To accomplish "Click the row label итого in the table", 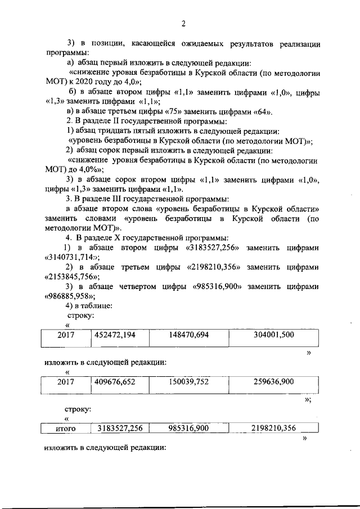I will [66, 429].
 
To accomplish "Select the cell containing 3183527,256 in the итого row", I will [120, 429].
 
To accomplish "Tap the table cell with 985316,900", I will [189, 429].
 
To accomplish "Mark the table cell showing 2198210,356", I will [274, 429].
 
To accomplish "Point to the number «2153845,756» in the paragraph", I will [71, 277].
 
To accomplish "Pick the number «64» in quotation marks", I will [263, 111].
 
